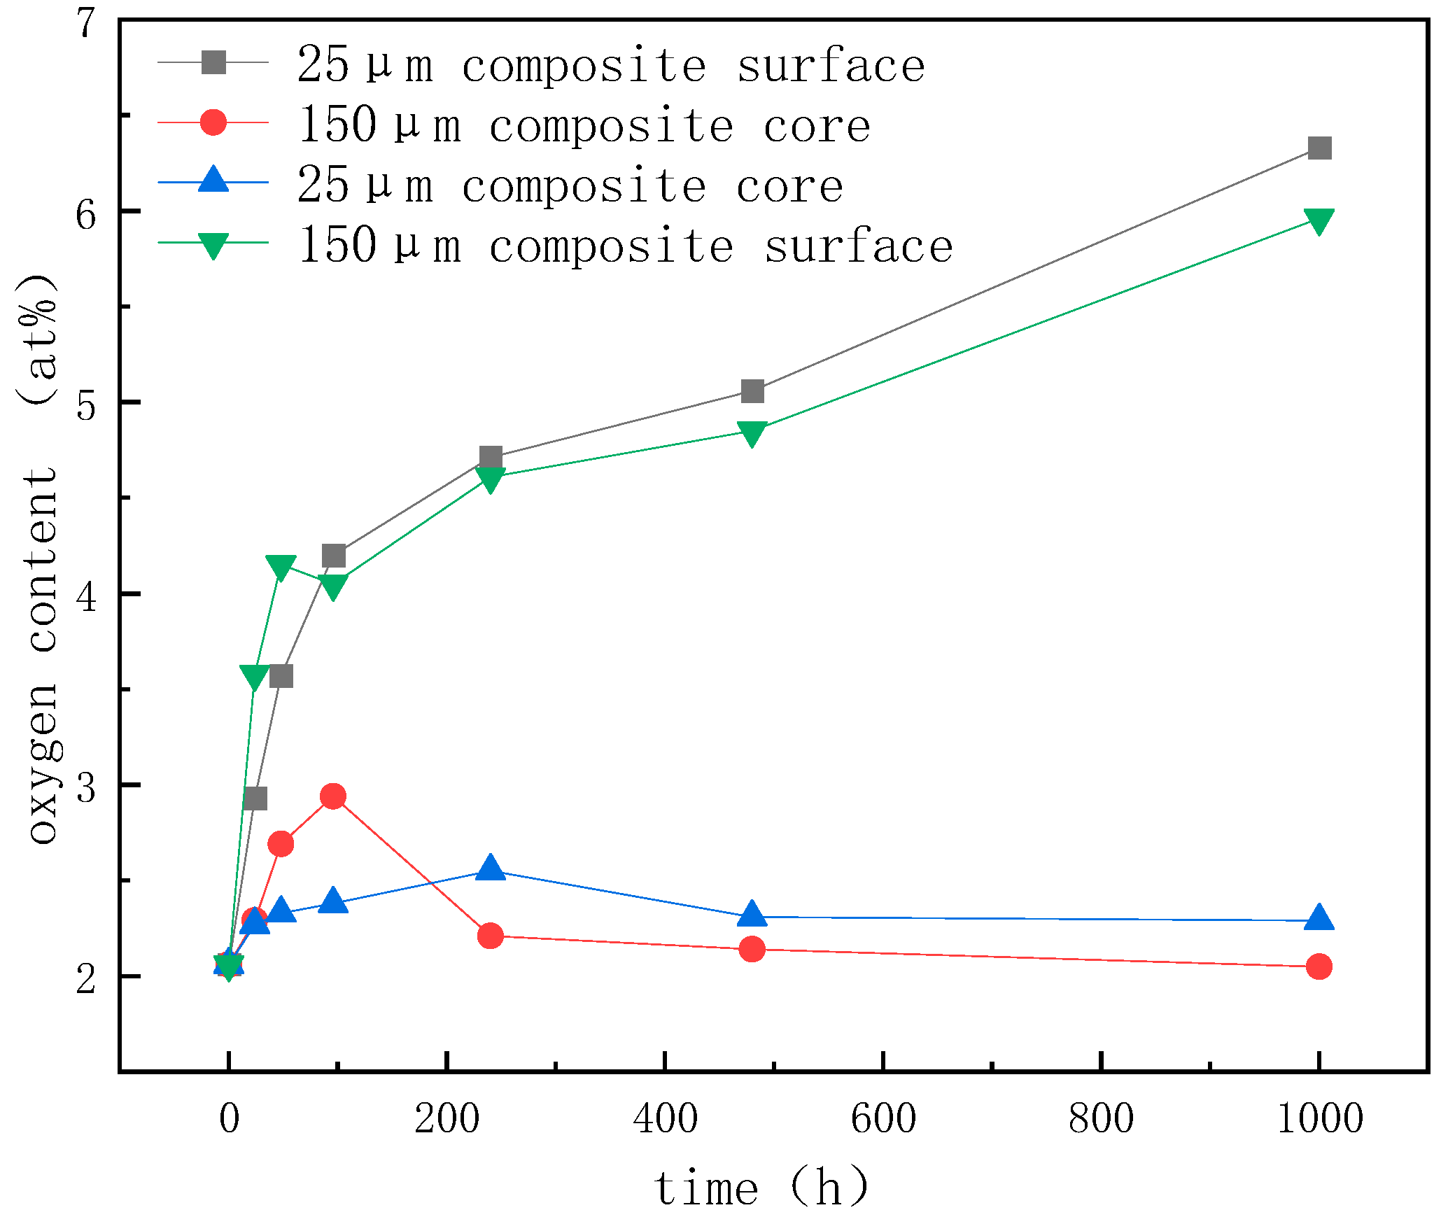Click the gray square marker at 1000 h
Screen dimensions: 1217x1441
[x=1319, y=148]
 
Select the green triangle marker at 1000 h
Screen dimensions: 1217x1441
[x=1319, y=221]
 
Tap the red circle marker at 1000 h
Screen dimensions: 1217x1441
[x=1319, y=966]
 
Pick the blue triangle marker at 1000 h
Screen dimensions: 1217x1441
[x=1319, y=917]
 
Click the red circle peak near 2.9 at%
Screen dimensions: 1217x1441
[x=333, y=796]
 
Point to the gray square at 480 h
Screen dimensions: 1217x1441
[x=752, y=391]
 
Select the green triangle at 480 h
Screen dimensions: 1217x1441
[x=752, y=433]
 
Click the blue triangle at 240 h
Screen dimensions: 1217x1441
[x=490, y=868]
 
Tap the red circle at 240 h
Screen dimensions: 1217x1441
[x=490, y=935]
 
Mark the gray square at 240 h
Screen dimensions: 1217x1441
[x=491, y=458]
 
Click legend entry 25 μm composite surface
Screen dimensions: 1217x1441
[x=609, y=65]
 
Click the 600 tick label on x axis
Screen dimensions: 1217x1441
[x=883, y=1118]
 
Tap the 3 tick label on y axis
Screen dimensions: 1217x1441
[x=85, y=786]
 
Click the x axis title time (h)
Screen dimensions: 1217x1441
[x=761, y=1187]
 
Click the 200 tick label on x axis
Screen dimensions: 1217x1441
[x=447, y=1118]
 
